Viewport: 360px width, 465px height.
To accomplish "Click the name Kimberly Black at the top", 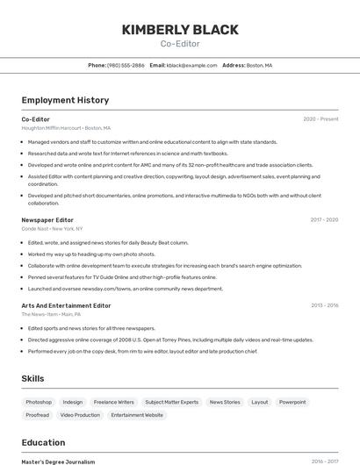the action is click(180, 30).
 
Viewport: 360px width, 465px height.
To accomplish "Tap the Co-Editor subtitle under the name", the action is click(180, 44).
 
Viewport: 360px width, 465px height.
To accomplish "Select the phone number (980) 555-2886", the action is click(126, 65).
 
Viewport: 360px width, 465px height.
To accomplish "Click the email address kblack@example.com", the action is click(191, 65).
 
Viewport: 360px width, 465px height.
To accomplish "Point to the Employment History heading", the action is click(65, 100).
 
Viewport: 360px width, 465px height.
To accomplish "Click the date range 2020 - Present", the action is click(320, 119).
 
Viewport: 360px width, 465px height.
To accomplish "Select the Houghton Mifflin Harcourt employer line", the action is click(67, 128).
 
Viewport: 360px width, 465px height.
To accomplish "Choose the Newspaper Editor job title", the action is click(47, 219).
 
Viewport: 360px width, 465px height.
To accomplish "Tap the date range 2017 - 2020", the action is click(324, 219).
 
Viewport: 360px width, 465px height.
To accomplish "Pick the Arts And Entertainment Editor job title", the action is click(66, 305).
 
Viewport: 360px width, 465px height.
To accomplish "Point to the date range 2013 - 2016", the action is click(324, 305).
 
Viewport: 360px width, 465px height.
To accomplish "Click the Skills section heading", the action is click(32, 378).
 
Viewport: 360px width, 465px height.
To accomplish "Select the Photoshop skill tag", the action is click(39, 402).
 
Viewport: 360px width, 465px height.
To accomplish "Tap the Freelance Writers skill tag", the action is click(114, 402).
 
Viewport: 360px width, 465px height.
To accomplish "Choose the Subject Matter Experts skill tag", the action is click(172, 402).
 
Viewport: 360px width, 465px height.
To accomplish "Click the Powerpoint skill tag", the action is click(292, 402).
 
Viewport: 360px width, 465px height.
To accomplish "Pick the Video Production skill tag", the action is click(81, 415).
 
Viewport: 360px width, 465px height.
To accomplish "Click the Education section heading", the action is click(44, 442).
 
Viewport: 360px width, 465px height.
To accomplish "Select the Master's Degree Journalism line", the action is click(58, 461).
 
